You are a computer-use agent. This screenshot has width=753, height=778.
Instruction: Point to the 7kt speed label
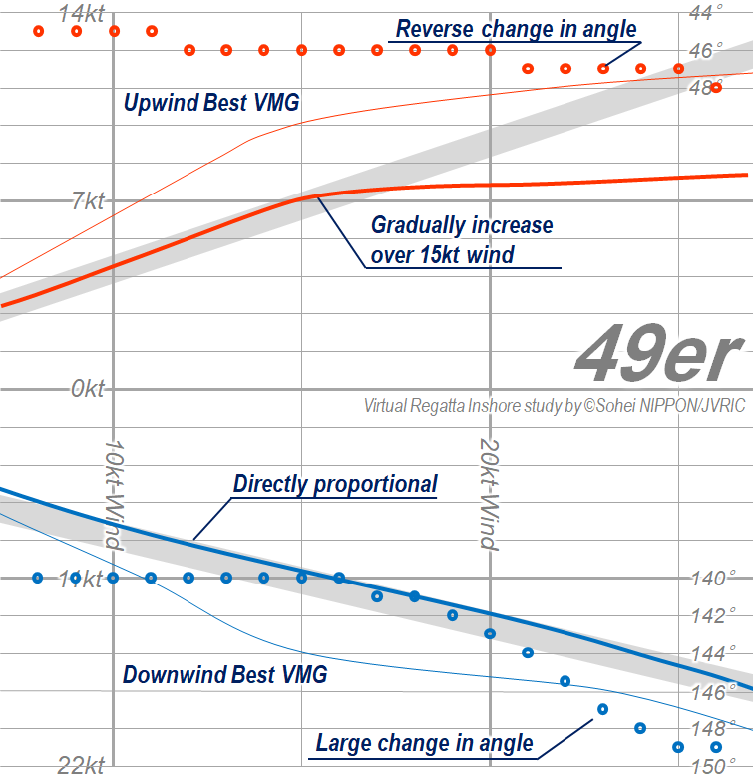(87, 202)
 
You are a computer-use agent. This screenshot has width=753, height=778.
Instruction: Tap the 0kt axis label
(87, 389)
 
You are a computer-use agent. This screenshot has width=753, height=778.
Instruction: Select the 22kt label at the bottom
(81, 766)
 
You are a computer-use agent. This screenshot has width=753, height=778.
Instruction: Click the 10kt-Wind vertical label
(113, 493)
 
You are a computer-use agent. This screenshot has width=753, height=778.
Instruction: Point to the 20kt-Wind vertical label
(489, 493)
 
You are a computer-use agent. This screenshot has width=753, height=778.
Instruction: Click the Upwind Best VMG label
(211, 102)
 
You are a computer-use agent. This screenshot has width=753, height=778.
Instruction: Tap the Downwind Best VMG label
(224, 675)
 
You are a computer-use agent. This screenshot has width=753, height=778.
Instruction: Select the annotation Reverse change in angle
(516, 29)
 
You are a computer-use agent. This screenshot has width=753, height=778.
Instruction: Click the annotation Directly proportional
(335, 485)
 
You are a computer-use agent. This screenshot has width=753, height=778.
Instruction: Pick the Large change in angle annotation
(424, 743)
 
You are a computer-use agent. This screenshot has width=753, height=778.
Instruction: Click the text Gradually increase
(461, 225)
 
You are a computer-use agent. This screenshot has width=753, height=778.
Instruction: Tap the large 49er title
(659, 356)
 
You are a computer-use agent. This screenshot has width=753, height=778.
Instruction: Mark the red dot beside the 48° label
(715, 88)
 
